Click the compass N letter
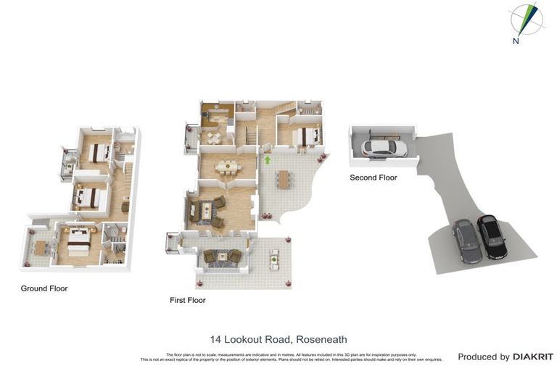click(516, 41)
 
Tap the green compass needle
click(530, 18)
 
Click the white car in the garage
click(384, 149)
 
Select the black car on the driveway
click(492, 236)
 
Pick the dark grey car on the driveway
click(466, 242)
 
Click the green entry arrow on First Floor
click(267, 160)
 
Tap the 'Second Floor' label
click(373, 178)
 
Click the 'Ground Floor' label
click(44, 288)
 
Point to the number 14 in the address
click(215, 339)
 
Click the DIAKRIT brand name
click(533, 357)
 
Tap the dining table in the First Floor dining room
click(227, 167)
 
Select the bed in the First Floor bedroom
click(305, 136)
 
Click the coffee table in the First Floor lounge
click(207, 210)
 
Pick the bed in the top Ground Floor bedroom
click(96, 152)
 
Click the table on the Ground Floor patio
click(40, 246)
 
